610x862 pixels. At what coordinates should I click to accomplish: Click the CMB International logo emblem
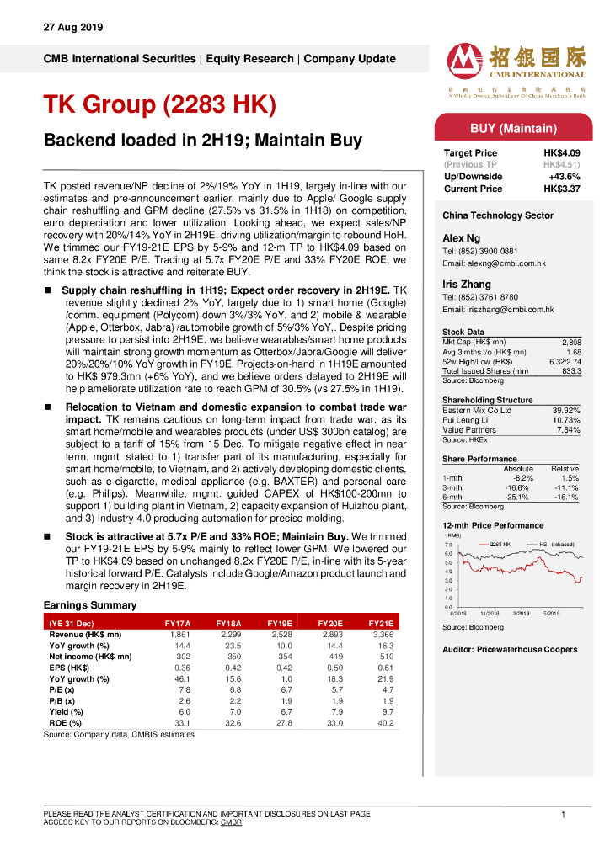click(465, 61)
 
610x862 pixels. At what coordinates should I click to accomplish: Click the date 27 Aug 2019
click(72, 28)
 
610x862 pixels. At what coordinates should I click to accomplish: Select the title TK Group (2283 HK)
click(159, 104)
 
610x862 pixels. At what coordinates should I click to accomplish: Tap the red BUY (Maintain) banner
click(512, 129)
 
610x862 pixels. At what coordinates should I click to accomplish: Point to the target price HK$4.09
click(561, 153)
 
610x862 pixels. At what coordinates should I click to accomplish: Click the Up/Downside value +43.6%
click(564, 177)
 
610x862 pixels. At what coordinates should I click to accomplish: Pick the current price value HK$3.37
click(561, 189)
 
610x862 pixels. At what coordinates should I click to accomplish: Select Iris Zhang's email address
click(498, 310)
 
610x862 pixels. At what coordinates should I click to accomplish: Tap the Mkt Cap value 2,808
click(570, 342)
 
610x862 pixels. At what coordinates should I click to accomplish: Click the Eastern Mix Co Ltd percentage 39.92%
click(566, 410)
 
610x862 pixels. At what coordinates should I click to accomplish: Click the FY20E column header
click(329, 624)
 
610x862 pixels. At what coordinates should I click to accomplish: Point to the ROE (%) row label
click(66, 722)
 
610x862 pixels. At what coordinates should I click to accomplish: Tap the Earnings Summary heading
click(89, 605)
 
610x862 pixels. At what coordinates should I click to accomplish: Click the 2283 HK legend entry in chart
click(497, 545)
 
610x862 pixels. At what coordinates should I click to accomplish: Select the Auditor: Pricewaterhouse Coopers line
click(510, 649)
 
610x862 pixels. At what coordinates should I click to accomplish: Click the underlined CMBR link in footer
click(231, 822)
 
